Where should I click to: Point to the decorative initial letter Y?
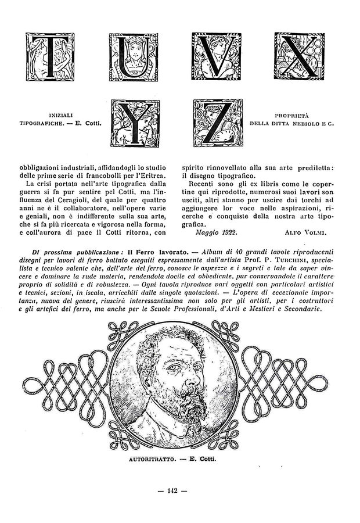pos(133,123)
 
